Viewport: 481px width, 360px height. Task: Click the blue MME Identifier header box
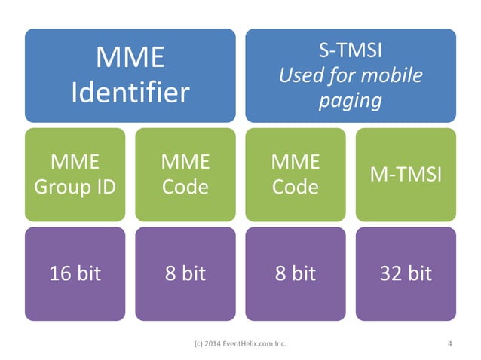130,75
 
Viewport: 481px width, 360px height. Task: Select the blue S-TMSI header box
351,75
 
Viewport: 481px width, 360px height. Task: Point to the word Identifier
130,93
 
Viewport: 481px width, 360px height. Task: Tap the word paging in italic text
351,100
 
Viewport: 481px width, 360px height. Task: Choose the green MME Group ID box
75,174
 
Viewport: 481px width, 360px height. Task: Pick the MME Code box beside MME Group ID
185,174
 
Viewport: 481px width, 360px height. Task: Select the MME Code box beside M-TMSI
296,174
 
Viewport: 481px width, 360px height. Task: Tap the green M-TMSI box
406,174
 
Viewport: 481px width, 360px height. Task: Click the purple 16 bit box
75,273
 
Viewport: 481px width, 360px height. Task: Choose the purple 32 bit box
406,273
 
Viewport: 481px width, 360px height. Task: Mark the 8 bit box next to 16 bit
185,273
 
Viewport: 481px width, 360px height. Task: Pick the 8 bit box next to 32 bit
296,273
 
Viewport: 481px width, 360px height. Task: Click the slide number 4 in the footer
449,345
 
